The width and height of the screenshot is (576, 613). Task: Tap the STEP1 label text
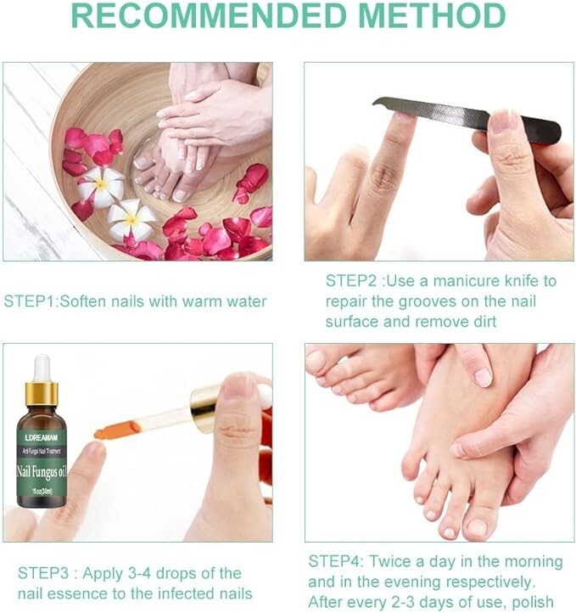tap(26, 301)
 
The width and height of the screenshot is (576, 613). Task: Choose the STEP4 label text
tap(332, 562)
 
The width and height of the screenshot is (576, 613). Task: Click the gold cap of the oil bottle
tap(41, 393)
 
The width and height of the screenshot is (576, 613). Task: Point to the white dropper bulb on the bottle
tap(41, 367)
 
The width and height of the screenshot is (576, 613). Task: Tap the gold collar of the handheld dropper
tap(204, 408)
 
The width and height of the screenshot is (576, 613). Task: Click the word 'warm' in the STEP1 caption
tap(192, 301)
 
